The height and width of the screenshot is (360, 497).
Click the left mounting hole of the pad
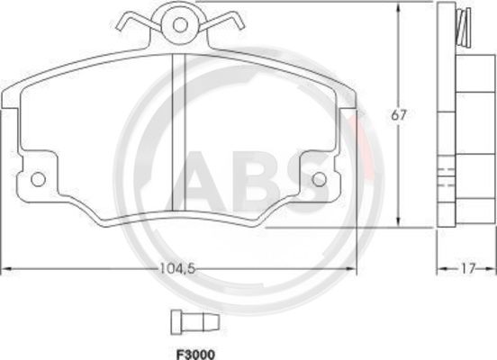point(38,178)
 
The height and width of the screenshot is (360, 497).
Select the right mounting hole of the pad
point(319,178)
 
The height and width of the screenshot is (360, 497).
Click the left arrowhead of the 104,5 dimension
point(5,268)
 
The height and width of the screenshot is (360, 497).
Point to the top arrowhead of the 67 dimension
point(399,6)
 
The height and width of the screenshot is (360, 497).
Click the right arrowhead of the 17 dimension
point(492,268)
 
